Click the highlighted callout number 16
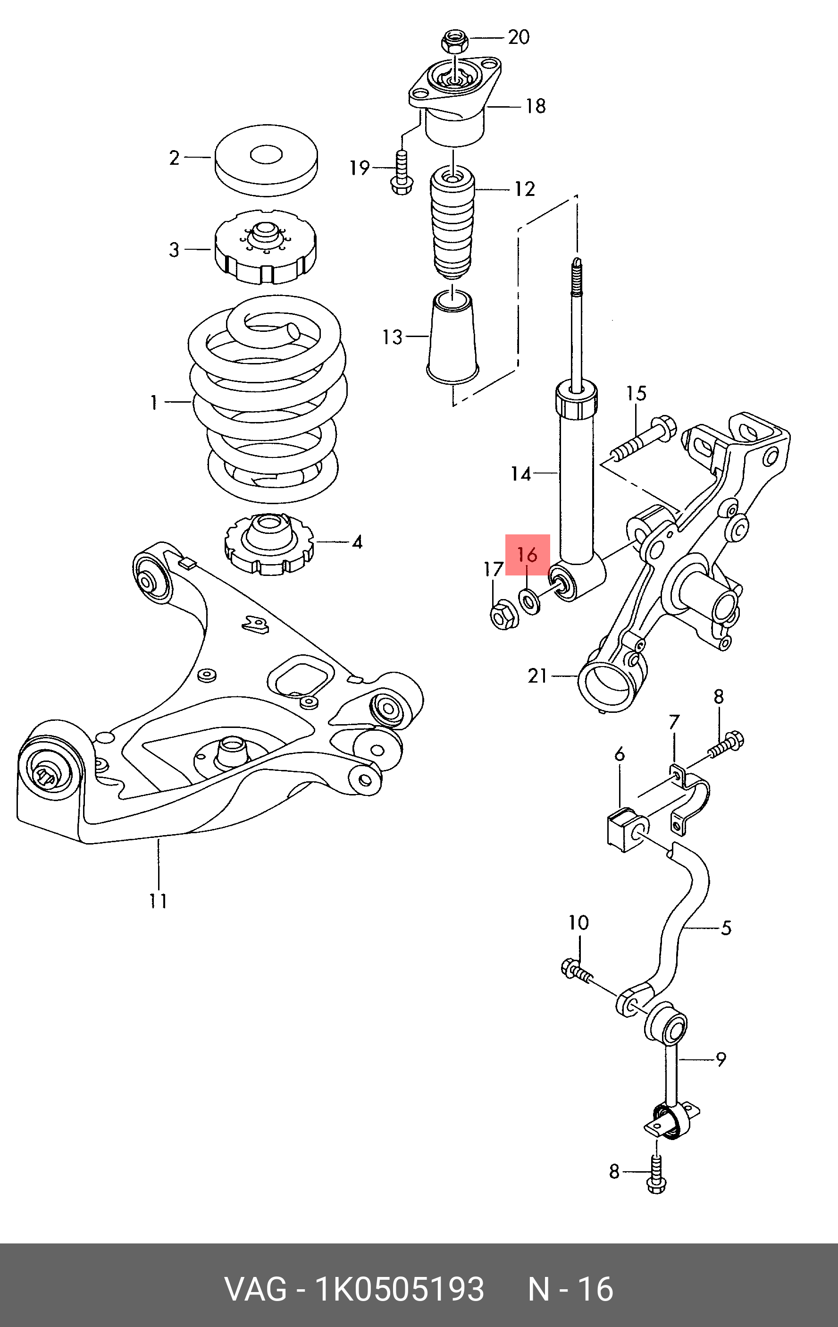[x=527, y=554]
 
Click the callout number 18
[x=535, y=106]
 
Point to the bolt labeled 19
[x=400, y=172]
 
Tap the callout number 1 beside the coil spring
[x=154, y=402]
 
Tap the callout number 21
[x=537, y=675]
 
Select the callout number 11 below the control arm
[x=158, y=901]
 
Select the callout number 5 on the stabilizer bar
[x=726, y=928]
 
